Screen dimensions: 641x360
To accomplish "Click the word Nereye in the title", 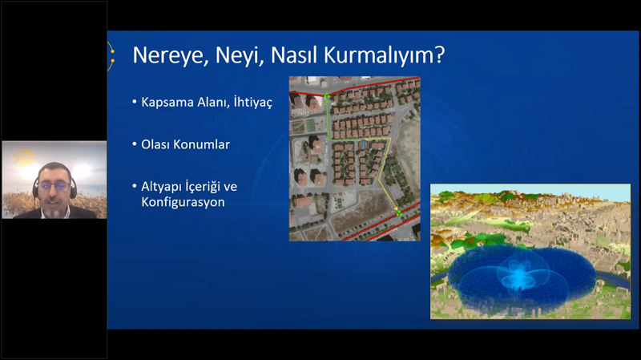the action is pyautogui.click(x=167, y=55).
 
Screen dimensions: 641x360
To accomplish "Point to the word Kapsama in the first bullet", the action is pyautogui.click(x=167, y=103).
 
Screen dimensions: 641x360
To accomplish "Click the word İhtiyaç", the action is pyautogui.click(x=252, y=102).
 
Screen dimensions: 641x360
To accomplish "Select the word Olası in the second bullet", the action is pyautogui.click(x=155, y=144).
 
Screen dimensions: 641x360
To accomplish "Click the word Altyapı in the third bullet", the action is pyautogui.click(x=161, y=188).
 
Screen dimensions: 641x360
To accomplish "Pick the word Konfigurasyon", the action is pyautogui.click(x=183, y=202).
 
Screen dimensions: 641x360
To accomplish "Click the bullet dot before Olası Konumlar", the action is pyautogui.click(x=135, y=144).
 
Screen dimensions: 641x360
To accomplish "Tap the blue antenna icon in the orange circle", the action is pyautogui.click(x=363, y=145).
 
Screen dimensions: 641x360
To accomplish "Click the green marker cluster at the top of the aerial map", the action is pyautogui.click(x=327, y=96).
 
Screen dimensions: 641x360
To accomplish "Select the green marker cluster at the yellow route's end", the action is pyautogui.click(x=399, y=213).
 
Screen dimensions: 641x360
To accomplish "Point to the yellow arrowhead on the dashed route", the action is pyautogui.click(x=396, y=208).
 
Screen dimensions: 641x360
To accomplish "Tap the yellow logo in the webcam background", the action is pyautogui.click(x=24, y=158).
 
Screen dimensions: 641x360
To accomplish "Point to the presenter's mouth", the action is pyautogui.click(x=54, y=204).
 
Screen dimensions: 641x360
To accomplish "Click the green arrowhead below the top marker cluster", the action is pyautogui.click(x=327, y=101).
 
